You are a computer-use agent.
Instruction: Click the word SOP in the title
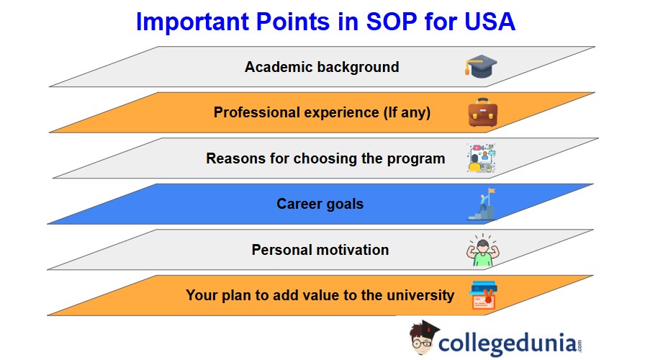click(x=391, y=22)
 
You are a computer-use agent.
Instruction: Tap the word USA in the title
click(x=490, y=22)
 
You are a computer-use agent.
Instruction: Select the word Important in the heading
click(x=192, y=22)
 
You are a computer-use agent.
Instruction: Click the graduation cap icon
click(x=481, y=66)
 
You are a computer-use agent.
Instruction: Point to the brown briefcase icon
click(x=483, y=112)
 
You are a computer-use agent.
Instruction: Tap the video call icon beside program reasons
click(x=482, y=158)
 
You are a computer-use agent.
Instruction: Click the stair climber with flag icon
click(x=482, y=204)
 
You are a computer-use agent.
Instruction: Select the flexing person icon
click(x=483, y=250)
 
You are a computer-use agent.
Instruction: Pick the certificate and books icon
click(x=483, y=295)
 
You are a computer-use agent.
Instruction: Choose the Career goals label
click(x=320, y=204)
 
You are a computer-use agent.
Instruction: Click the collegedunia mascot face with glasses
click(x=423, y=340)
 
